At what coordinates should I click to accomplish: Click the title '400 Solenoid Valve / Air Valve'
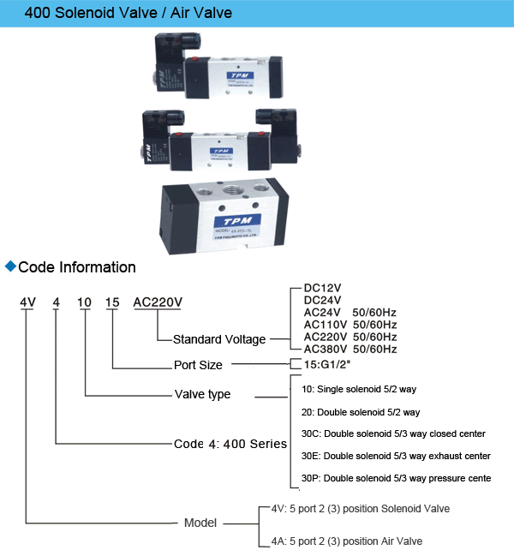(x=117, y=14)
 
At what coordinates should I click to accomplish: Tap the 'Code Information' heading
(x=77, y=267)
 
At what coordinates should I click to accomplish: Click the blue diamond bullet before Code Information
(x=10, y=266)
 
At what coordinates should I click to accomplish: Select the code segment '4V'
(x=28, y=303)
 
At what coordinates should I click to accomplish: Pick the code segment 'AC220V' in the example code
(x=158, y=303)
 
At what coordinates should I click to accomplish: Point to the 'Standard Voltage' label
(x=219, y=339)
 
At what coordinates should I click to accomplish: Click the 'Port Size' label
(x=198, y=365)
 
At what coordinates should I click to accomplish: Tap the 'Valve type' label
(x=202, y=395)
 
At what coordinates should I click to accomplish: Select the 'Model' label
(x=200, y=523)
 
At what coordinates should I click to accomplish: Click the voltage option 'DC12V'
(x=323, y=289)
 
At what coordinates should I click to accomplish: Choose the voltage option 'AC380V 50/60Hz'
(x=350, y=350)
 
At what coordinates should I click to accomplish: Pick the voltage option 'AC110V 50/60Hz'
(x=350, y=325)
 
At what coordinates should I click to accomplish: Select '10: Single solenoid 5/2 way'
(x=359, y=389)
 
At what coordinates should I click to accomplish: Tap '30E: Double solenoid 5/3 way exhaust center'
(x=396, y=456)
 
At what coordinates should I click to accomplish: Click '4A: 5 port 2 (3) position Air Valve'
(x=347, y=541)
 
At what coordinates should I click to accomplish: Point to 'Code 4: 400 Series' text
(x=230, y=444)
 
